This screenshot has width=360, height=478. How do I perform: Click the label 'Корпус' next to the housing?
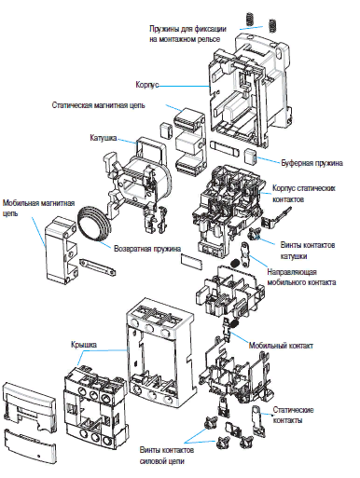(x=147, y=85)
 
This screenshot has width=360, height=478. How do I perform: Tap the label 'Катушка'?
(x=104, y=138)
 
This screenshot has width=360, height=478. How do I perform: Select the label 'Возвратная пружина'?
(x=147, y=249)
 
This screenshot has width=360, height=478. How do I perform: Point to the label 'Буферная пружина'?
(x=312, y=163)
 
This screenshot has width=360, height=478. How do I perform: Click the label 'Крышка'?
(x=84, y=345)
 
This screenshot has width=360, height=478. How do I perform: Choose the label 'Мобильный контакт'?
(x=281, y=346)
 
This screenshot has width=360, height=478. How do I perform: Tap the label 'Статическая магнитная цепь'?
(x=98, y=105)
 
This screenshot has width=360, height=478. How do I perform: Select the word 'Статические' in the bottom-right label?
(x=293, y=410)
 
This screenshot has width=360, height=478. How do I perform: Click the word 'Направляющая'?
(x=292, y=272)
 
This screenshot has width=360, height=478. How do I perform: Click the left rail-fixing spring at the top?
(x=249, y=20)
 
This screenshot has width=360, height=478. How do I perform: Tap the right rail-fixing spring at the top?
(x=272, y=25)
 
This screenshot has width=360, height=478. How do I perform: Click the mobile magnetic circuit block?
(x=61, y=250)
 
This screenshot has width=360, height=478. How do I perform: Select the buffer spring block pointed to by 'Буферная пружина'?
(x=250, y=156)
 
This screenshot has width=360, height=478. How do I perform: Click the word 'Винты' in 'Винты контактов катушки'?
(x=290, y=245)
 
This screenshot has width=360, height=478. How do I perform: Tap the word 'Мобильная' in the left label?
(x=21, y=203)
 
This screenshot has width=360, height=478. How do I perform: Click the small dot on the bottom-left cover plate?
(x=38, y=457)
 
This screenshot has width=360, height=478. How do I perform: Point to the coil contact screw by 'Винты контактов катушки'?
(x=255, y=234)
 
